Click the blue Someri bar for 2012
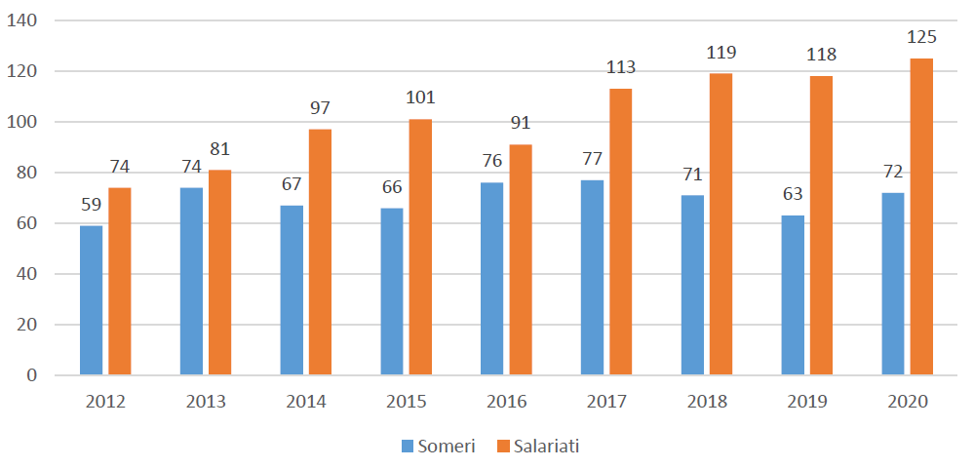pyautogui.click(x=92, y=300)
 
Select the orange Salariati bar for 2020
pyautogui.click(x=921, y=216)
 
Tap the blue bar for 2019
pyautogui.click(x=793, y=295)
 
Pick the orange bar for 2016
pyautogui.click(x=521, y=259)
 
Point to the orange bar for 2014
pyautogui.click(x=320, y=253)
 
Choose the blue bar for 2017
pyautogui.click(x=592, y=278)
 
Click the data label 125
pyautogui.click(x=921, y=37)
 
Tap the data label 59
pyautogui.click(x=92, y=205)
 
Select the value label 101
pyautogui.click(x=420, y=98)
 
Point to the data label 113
pyautogui.click(x=620, y=67)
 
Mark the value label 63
pyautogui.click(x=793, y=195)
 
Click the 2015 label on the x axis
pyautogui.click(x=407, y=402)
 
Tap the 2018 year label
pyautogui.click(x=707, y=402)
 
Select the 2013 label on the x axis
pyautogui.click(x=206, y=402)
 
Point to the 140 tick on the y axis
pyautogui.click(x=22, y=20)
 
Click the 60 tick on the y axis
pyautogui.click(x=27, y=223)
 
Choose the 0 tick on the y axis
pyautogui.click(x=32, y=375)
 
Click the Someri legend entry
pyautogui.click(x=439, y=447)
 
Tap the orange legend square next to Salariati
pyautogui.click(x=504, y=447)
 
